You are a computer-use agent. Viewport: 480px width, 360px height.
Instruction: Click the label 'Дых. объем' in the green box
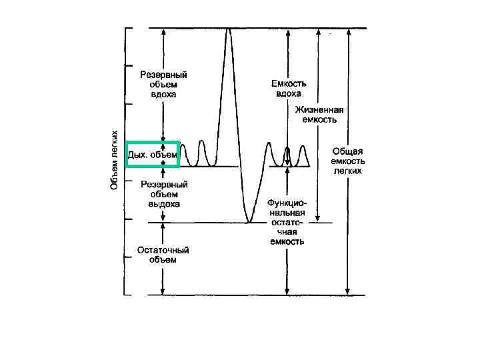click(153, 155)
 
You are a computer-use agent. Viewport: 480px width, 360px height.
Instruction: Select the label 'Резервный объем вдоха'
click(163, 85)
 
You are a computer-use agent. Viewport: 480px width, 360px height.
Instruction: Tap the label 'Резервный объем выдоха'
click(163, 193)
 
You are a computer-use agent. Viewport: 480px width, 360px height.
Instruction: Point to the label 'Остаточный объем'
click(163, 255)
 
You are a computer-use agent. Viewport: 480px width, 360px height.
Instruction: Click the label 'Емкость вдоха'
click(289, 89)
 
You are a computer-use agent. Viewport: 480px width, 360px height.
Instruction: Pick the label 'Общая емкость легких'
click(347, 161)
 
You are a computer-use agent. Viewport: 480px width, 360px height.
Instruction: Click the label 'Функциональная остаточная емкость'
click(287, 221)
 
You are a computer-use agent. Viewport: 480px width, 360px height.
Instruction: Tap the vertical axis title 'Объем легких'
click(114, 159)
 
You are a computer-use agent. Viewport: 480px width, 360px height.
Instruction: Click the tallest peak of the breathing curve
click(229, 29)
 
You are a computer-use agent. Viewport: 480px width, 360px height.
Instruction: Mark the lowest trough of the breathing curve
click(248, 221)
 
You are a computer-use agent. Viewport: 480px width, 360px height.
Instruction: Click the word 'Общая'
click(347, 151)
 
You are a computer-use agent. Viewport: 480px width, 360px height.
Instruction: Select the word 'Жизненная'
click(320, 111)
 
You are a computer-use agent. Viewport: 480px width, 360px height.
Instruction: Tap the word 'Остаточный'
click(163, 250)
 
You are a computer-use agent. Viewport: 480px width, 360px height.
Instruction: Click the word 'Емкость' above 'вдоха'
click(289, 84)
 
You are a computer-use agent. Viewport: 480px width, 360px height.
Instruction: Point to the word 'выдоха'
click(163, 203)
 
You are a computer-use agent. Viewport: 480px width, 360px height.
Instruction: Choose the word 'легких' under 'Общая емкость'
click(347, 171)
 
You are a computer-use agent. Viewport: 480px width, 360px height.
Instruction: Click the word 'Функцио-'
click(287, 201)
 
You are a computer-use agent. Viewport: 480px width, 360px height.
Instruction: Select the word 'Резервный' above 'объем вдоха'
click(163, 75)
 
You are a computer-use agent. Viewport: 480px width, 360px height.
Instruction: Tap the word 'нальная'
click(287, 211)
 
